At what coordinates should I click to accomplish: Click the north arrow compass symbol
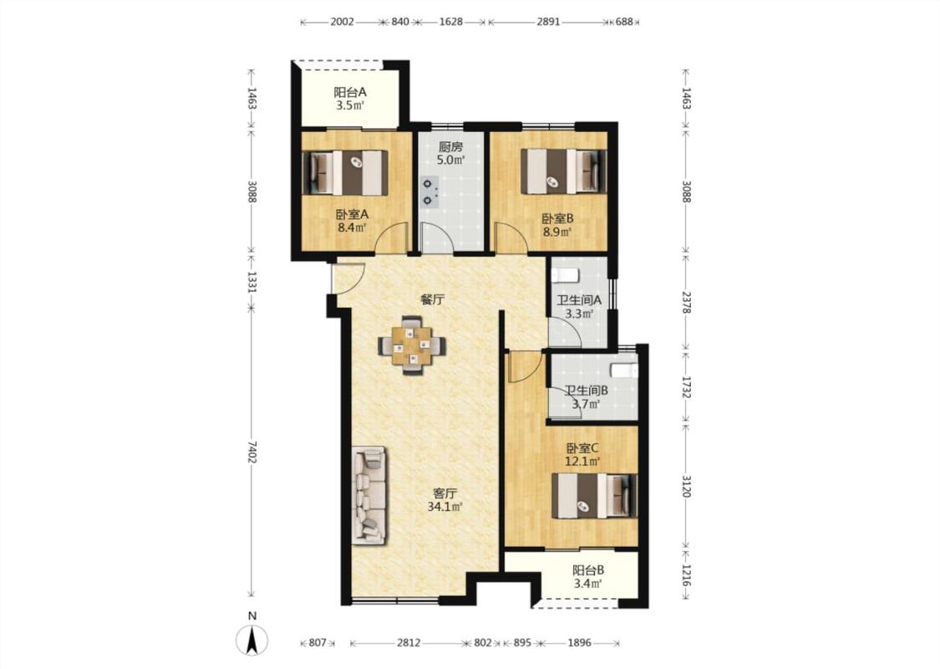click(x=252, y=640)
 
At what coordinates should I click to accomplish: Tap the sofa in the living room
click(x=370, y=495)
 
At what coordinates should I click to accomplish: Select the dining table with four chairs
click(x=412, y=345)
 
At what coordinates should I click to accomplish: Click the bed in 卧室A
click(x=345, y=172)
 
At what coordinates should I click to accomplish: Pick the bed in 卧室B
click(x=563, y=171)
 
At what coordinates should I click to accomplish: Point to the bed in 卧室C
click(x=594, y=495)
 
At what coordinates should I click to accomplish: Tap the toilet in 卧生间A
click(x=564, y=275)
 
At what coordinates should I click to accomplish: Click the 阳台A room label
click(x=350, y=92)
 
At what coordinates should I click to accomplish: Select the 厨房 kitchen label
click(x=451, y=146)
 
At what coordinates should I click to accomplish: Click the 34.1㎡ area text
click(x=445, y=508)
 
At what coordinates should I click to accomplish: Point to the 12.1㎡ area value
click(x=582, y=462)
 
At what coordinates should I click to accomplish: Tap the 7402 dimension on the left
click(x=252, y=452)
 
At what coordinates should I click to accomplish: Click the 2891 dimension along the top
click(x=548, y=23)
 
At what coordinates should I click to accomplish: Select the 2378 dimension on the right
click(x=687, y=302)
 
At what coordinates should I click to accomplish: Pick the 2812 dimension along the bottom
click(x=409, y=643)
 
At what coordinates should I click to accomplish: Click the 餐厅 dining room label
click(x=432, y=299)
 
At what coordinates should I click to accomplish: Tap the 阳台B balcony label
click(x=588, y=570)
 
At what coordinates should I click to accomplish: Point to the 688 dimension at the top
click(x=624, y=23)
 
